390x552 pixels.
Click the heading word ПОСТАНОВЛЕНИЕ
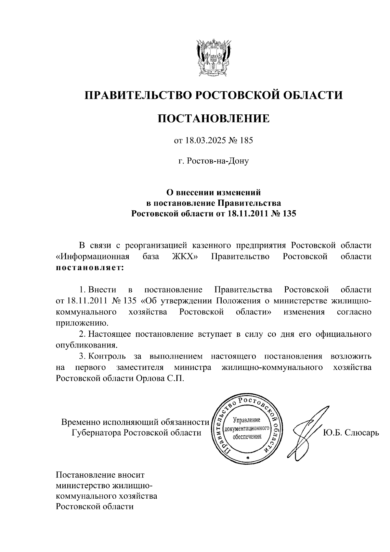click(214, 119)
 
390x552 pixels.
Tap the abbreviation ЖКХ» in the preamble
click(185, 256)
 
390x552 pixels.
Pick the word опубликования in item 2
click(86, 345)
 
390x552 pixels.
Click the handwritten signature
click(307, 432)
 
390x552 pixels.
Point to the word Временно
click(81, 422)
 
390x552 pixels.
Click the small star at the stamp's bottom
click(248, 457)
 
